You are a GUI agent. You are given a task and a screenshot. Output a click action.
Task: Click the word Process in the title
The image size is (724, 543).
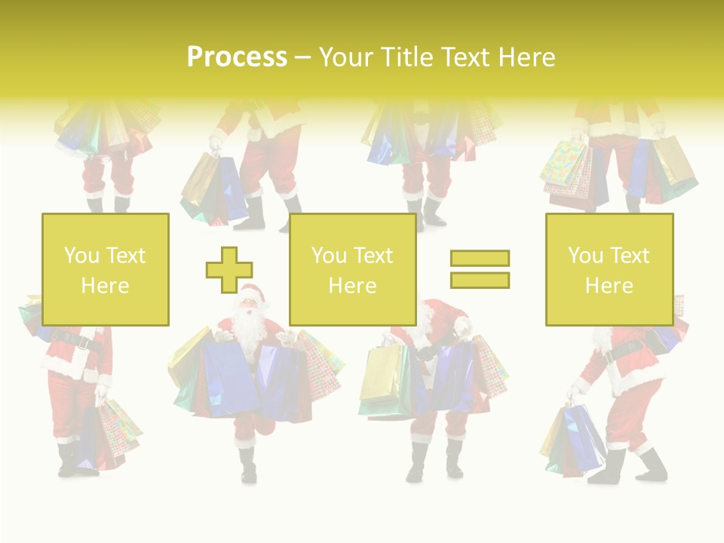237,57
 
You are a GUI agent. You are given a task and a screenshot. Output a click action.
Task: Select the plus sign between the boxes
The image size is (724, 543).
229,269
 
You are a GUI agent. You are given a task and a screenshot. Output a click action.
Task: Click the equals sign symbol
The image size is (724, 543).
480,269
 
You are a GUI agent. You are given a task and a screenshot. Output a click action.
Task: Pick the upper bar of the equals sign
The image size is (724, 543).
480,259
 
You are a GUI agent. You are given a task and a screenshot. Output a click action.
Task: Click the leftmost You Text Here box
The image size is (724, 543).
106,269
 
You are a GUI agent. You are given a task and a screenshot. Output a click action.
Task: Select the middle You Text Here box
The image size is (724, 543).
352,269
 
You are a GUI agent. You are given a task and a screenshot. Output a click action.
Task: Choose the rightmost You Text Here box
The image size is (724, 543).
609,269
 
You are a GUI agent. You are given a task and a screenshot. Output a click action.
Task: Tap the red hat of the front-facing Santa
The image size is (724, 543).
253,291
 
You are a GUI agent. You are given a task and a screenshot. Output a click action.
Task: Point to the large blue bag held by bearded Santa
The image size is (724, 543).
226,377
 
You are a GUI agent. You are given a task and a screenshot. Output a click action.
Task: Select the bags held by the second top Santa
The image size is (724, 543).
211,189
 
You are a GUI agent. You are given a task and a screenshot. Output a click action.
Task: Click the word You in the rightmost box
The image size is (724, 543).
586,256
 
